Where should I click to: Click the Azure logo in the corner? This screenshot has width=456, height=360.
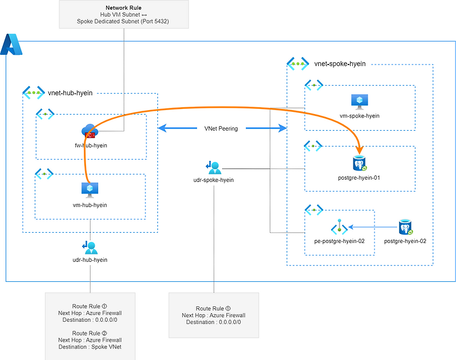tap(11, 45)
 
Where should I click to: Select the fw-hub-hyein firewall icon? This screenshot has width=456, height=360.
tap(90, 131)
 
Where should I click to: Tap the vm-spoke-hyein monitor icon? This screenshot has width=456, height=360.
tap(360, 102)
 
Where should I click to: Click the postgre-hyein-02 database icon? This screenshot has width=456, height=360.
tap(406, 228)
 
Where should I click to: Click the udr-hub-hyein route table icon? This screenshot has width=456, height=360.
tap(90, 247)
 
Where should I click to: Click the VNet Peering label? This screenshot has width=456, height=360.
tap(222, 128)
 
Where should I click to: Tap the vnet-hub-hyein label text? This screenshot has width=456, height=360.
tap(71, 92)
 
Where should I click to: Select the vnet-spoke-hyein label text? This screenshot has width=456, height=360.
tap(340, 64)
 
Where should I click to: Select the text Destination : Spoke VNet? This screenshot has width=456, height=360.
tap(91, 346)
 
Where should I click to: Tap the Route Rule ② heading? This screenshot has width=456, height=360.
tap(91, 333)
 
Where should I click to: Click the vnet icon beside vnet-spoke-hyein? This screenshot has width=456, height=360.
tap(298, 64)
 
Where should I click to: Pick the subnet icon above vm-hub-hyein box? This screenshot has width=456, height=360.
tap(45, 173)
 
